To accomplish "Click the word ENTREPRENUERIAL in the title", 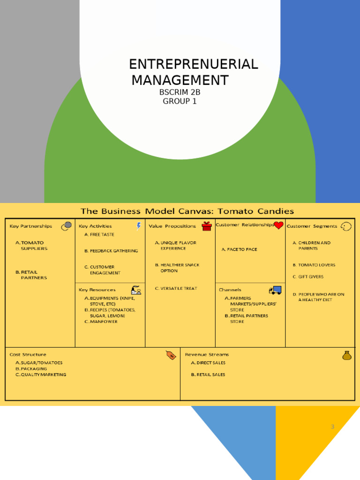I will (x=193, y=64).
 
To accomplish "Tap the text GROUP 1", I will (x=180, y=101).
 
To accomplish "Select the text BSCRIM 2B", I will (x=180, y=92).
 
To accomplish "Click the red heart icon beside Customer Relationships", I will (x=278, y=225).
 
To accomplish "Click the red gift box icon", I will (x=207, y=226).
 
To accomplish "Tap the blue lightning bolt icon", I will (x=139, y=226).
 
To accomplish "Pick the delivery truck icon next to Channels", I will (x=275, y=290).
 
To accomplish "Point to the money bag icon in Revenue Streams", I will (x=347, y=355).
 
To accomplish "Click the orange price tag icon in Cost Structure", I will (x=171, y=355).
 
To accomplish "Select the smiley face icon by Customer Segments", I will (x=346, y=226).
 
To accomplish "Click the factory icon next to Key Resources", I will (x=136, y=290).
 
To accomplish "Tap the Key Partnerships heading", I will (x=31, y=226).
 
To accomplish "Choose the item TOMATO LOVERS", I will (x=316, y=265).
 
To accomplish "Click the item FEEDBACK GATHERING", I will (x=114, y=251).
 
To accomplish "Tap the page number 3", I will (x=333, y=427).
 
